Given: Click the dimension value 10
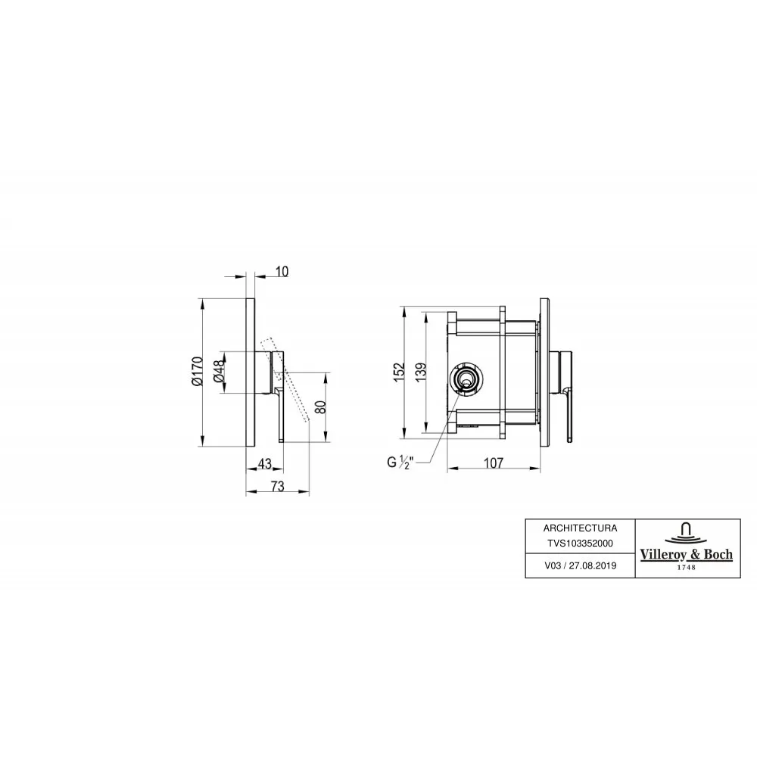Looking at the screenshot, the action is [x=282, y=271].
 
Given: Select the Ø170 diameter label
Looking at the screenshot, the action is [x=198, y=371].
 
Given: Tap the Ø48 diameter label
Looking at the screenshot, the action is [x=219, y=371].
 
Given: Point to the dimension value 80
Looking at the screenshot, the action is [x=320, y=407].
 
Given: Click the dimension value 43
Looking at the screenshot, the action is [x=264, y=463].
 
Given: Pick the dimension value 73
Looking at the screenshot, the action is [x=278, y=486].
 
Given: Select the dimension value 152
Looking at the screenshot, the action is [x=399, y=372].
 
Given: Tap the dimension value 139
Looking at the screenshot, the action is [x=420, y=372].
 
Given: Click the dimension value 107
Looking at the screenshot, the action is [x=494, y=463].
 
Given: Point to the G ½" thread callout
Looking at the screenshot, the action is [x=400, y=463].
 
